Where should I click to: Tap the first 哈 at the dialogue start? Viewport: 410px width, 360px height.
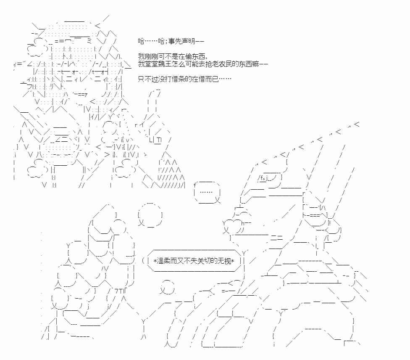click(x=142, y=41)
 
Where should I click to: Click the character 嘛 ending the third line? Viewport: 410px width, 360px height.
click(x=255, y=64)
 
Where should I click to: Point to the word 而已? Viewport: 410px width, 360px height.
click(x=212, y=79)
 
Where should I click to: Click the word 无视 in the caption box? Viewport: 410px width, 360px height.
click(x=225, y=261)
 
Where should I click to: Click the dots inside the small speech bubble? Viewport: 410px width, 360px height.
click(x=206, y=192)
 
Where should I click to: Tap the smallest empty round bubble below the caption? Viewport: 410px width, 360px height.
click(x=167, y=287)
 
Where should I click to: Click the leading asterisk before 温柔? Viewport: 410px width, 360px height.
click(x=155, y=261)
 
